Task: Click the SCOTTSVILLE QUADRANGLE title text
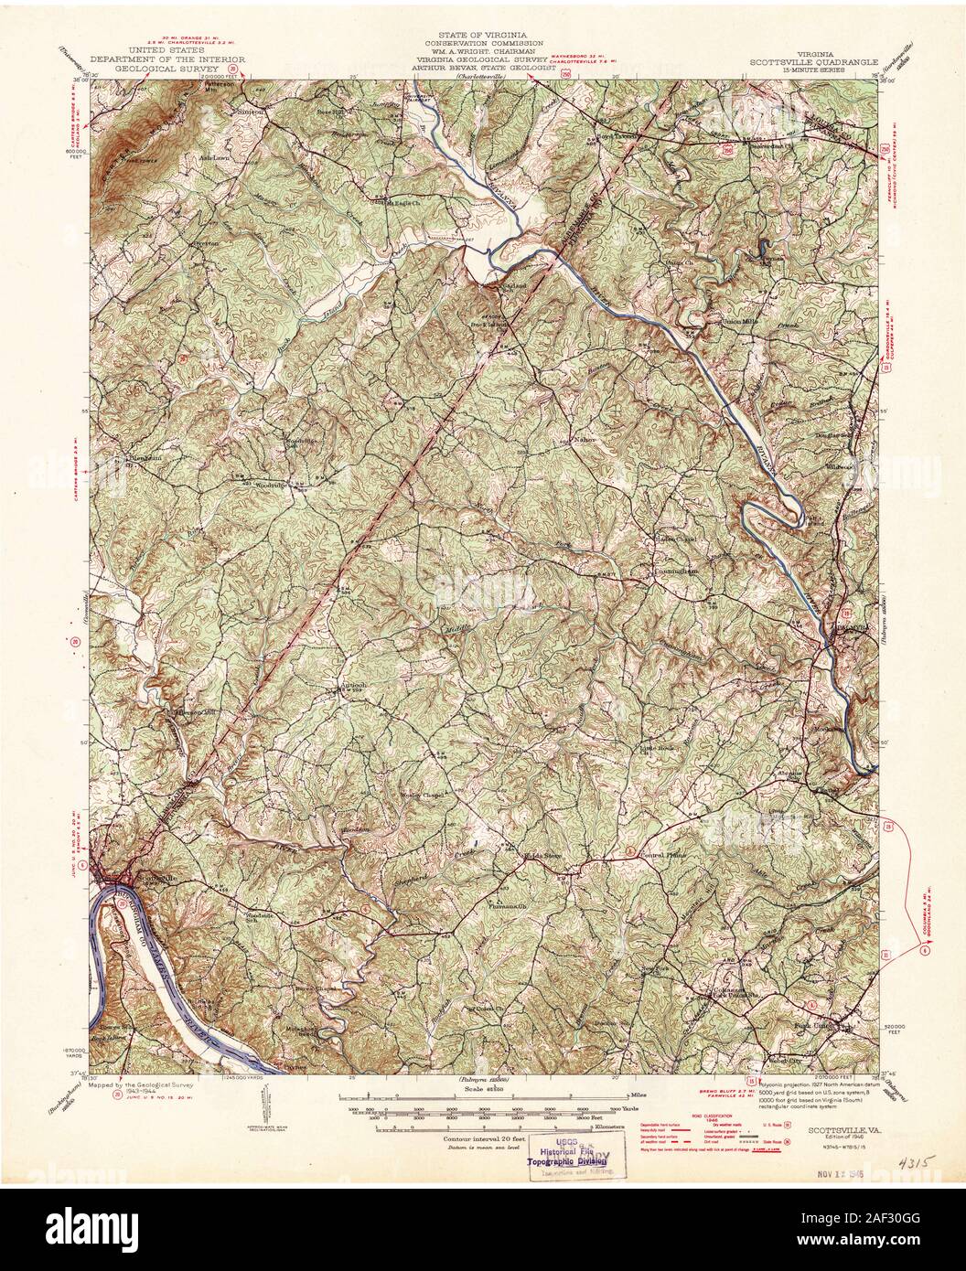pos(814,63)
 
